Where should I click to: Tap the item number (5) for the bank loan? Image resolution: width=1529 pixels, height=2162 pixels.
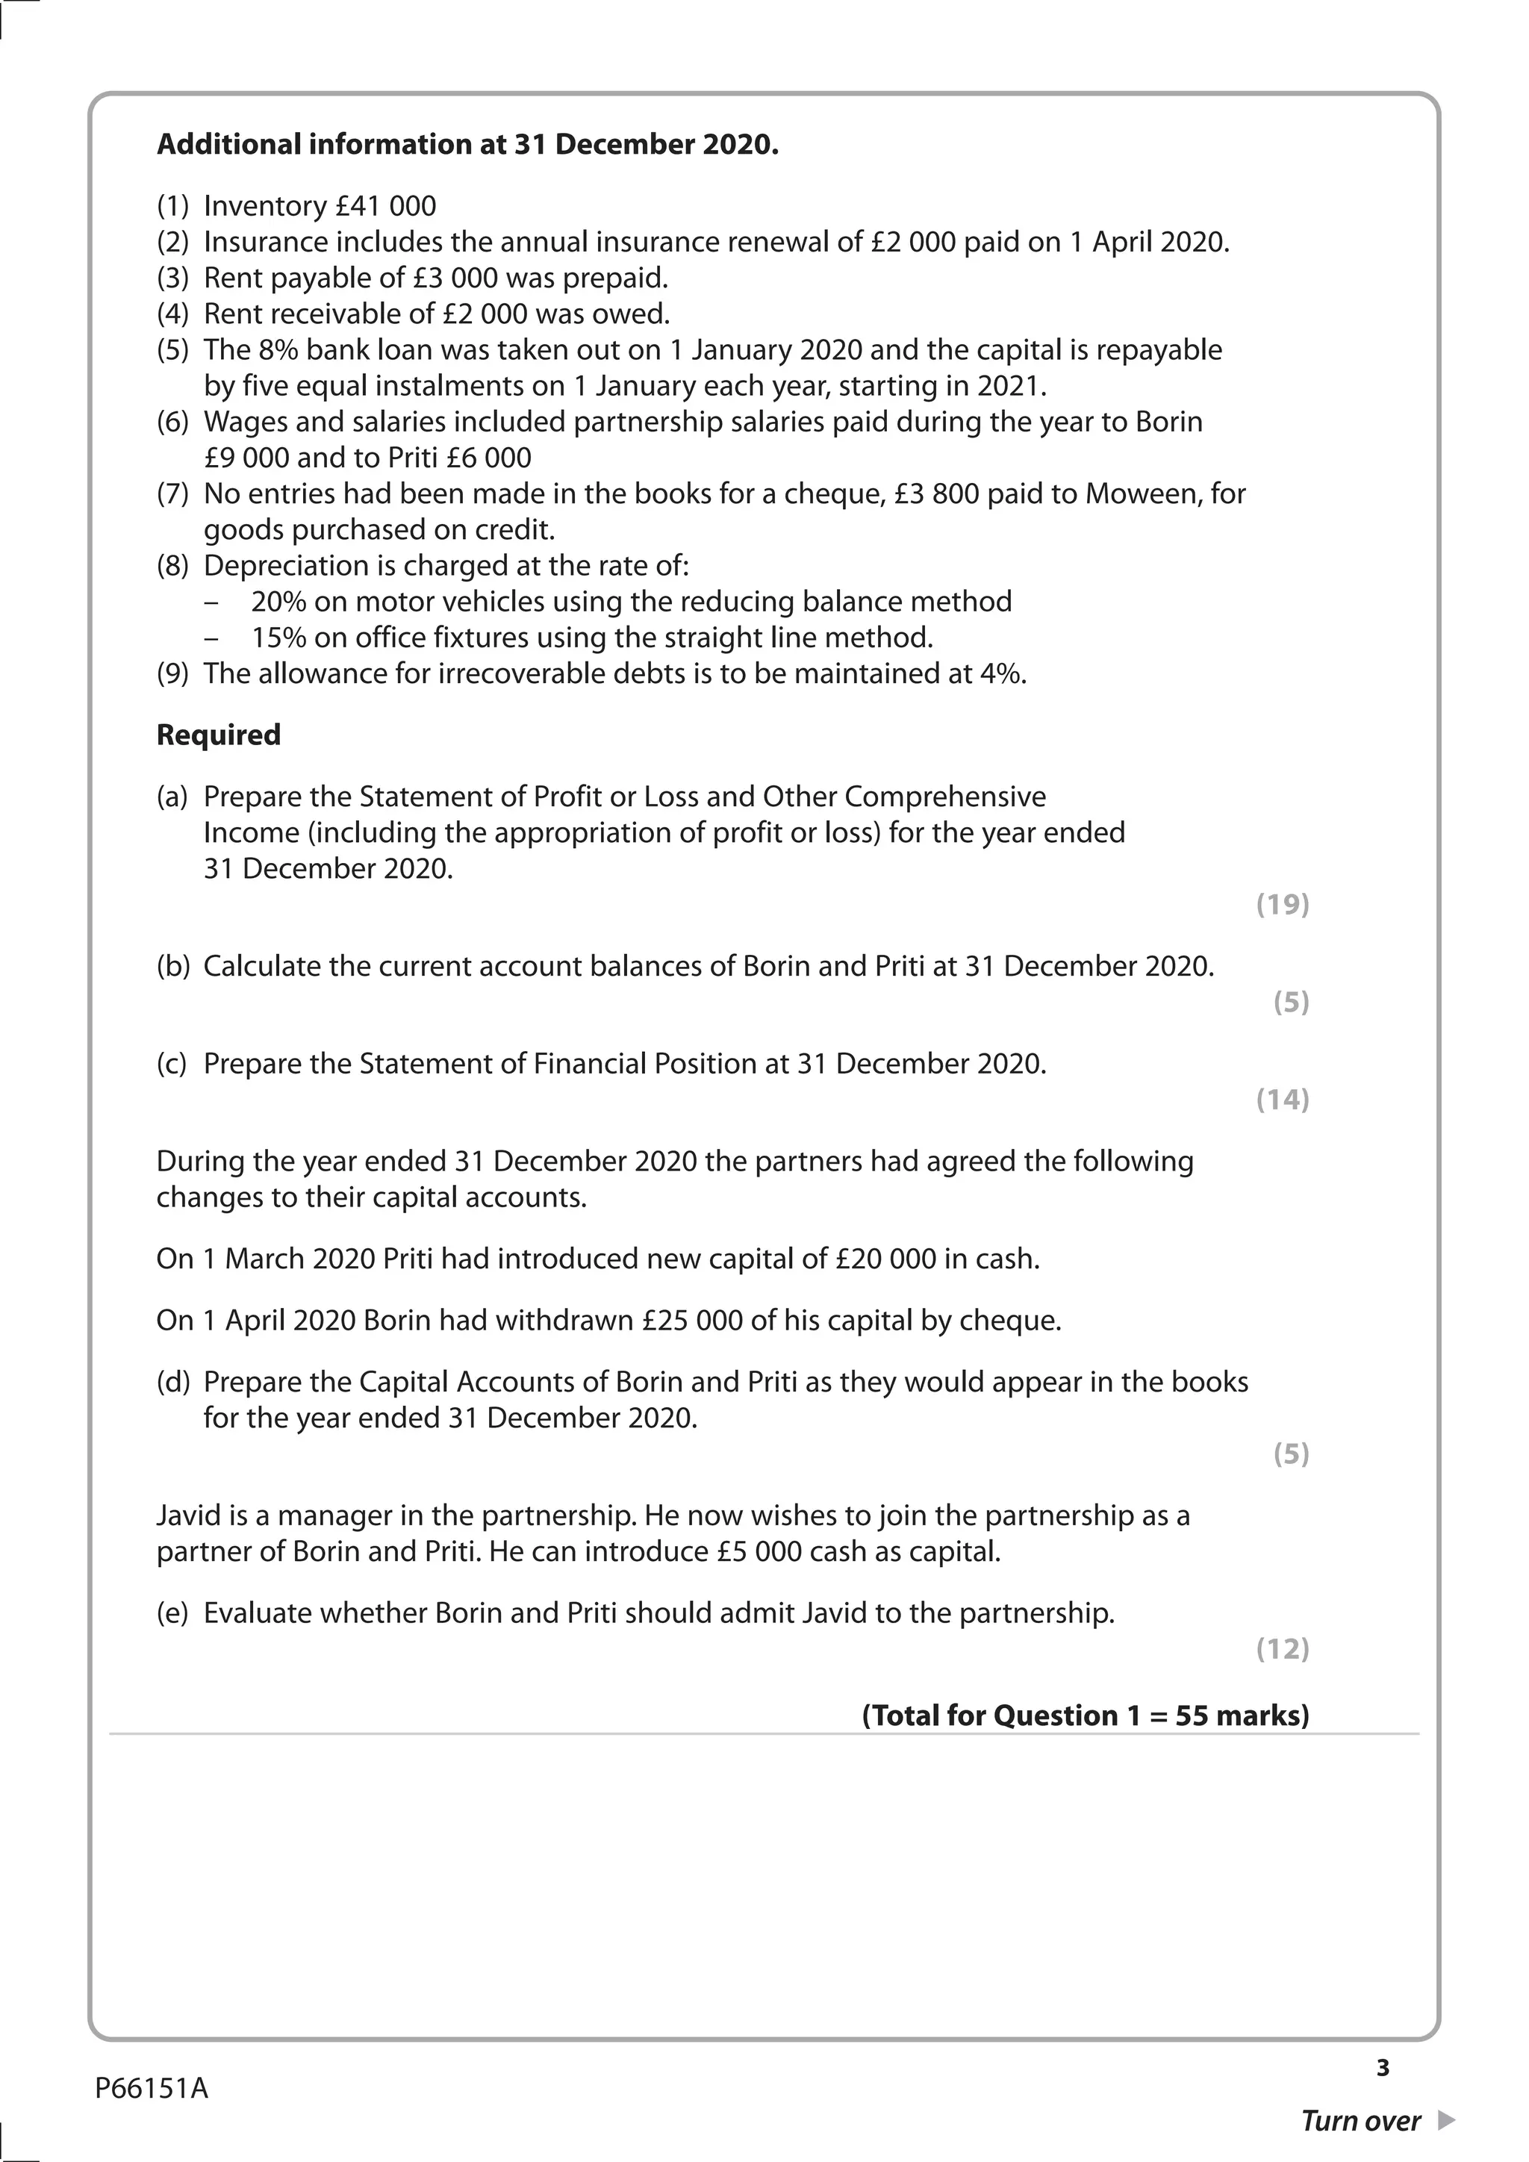tap(172, 350)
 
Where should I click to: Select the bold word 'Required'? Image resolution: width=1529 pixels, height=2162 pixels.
tap(219, 735)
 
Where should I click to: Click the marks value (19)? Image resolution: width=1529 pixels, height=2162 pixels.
tap(1283, 904)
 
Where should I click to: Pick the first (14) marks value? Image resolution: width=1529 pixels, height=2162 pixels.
tap(1283, 1099)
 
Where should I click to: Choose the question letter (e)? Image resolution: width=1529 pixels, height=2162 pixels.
tap(172, 1613)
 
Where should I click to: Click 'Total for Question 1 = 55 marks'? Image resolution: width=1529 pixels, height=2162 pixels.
tap(1086, 1715)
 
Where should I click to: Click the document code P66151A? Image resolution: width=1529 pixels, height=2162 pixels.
tap(152, 2089)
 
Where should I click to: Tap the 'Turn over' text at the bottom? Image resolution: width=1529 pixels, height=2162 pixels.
tap(1360, 2121)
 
